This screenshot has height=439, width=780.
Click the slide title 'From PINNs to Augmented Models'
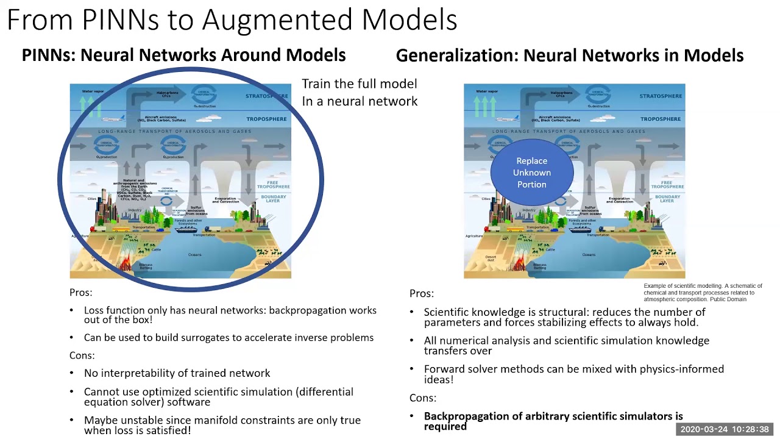pos(232,20)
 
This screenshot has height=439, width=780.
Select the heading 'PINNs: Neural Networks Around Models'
pos(183,55)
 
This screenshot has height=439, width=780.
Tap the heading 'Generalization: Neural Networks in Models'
pos(570,55)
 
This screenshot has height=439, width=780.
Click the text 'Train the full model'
pos(360,84)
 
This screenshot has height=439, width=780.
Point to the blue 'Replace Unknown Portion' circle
pos(532,173)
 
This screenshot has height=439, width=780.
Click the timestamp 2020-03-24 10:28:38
pos(725,429)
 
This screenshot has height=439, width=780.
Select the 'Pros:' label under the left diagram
pos(81,293)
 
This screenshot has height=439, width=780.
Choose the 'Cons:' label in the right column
pos(423,398)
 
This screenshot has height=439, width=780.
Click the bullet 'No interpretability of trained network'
pos(177,373)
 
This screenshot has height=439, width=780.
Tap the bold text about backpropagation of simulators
pos(553,421)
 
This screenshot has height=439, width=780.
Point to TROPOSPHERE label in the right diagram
pos(661,120)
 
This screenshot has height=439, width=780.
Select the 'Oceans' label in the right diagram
pos(589,254)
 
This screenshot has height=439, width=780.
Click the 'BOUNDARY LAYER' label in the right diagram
pos(667,199)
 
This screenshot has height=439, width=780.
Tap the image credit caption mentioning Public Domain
pos(703,292)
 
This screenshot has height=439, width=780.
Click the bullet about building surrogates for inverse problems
pos(229,337)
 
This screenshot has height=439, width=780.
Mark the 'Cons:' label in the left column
pos(82,355)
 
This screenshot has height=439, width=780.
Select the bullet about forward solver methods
pos(573,374)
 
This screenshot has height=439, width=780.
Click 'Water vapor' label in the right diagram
pos(486,91)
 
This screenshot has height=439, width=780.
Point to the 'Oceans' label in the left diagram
pos(194,254)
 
